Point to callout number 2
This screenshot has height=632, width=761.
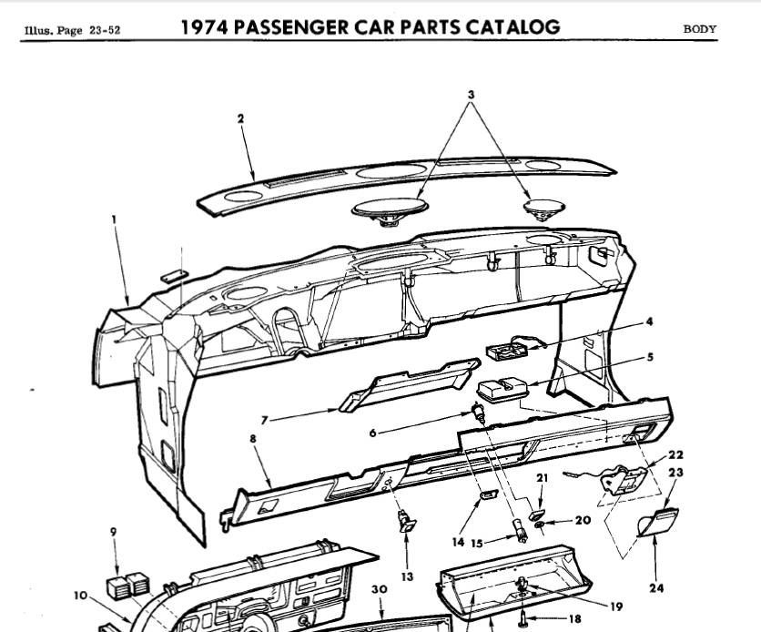(240, 118)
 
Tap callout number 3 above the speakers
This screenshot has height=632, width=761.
(472, 95)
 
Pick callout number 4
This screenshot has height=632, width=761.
(650, 321)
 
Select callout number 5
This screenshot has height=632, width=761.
(650, 357)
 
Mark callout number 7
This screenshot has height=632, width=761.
(264, 421)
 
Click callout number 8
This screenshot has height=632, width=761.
(253, 438)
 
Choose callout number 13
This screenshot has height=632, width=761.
(406, 576)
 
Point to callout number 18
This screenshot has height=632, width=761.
(573, 618)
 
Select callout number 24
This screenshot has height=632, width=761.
(656, 588)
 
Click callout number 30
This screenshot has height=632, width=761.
(380, 589)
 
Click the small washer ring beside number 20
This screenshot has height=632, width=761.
(539, 525)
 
